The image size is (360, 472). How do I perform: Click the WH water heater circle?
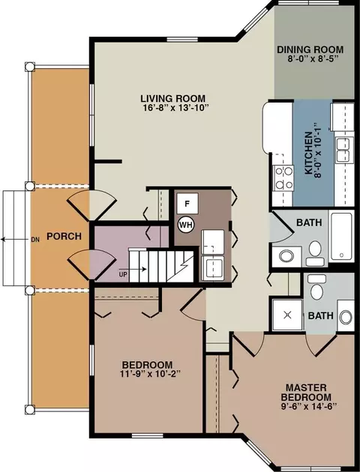tap(187, 225)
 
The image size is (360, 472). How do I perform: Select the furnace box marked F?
tap(187, 204)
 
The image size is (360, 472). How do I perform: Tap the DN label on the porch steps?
tap(35, 240)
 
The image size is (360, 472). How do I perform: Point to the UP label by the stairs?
tap(123, 274)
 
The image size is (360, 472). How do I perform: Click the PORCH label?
tap(64, 236)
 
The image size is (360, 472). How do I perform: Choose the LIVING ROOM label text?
tap(173, 98)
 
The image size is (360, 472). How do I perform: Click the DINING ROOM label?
tap(310, 49)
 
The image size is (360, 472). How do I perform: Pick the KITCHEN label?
tap(308, 153)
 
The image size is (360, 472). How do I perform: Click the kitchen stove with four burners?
tap(283, 178)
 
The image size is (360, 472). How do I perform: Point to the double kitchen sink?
tap(345, 150)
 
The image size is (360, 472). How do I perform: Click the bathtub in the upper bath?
tap(341, 237)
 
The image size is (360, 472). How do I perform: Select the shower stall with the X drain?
tap(287, 315)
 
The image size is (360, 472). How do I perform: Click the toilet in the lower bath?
tap(316, 287)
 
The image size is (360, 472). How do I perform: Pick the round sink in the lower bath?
tap(346, 316)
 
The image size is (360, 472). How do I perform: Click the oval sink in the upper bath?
tap(286, 256)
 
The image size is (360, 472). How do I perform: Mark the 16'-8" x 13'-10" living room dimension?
tap(176, 108)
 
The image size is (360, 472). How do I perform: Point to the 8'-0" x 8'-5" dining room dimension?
tap(310, 58)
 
